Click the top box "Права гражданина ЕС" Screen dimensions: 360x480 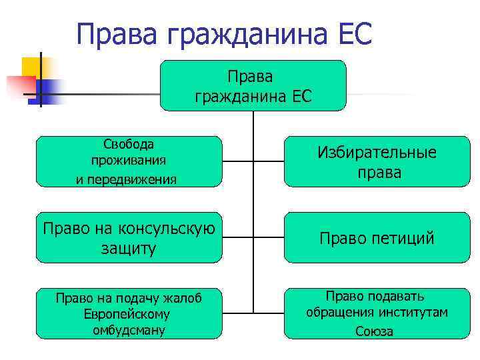tap(253, 85)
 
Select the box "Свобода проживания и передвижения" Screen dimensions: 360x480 tap(128, 161)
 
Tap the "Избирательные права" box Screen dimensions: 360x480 tap(377, 161)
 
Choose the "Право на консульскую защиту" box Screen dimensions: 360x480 tap(128, 238)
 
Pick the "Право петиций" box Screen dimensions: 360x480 tap(377, 238)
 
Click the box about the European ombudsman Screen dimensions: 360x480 tap(128, 313)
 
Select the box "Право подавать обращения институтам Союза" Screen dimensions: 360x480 tap(377, 313)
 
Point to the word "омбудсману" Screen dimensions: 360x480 tap(129, 330)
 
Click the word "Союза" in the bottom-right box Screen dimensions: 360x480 tap(375, 331)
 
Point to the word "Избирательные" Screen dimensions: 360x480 tap(377, 153)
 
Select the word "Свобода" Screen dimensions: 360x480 tap(129, 144)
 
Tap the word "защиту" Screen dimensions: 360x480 tap(129, 248)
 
